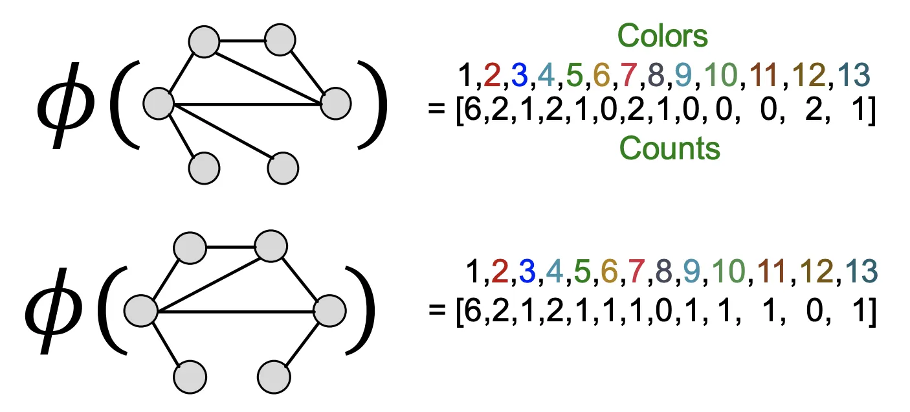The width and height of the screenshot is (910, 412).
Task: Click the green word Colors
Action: pyautogui.click(x=662, y=36)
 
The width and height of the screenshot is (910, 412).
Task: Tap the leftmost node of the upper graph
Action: pyautogui.click(x=158, y=104)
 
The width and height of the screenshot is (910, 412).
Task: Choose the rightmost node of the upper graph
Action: pyautogui.click(x=335, y=103)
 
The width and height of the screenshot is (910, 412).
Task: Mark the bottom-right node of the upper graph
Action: pyautogui.click(x=282, y=168)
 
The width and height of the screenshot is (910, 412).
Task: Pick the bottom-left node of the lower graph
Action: pyautogui.click(x=190, y=375)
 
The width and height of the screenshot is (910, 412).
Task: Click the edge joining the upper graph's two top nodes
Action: pyautogui.click(x=243, y=41)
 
